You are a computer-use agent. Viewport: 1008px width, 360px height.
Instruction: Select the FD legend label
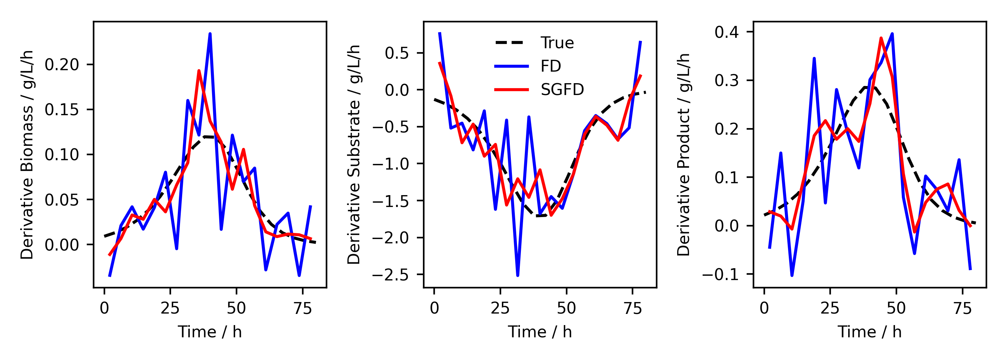550,66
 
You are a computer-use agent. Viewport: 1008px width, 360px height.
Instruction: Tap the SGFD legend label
562,90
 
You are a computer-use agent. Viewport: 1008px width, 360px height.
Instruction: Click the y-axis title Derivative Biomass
27,154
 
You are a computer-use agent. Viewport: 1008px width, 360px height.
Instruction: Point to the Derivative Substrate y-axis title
354,154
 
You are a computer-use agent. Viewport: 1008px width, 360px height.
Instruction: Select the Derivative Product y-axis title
683,154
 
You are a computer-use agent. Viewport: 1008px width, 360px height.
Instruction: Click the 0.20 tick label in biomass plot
62,64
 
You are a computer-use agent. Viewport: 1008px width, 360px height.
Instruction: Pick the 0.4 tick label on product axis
726,32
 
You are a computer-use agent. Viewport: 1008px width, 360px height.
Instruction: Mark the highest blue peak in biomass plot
210,34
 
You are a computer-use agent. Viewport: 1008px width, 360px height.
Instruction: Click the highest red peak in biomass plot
199,71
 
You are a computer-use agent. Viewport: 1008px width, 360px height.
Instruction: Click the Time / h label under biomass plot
210,332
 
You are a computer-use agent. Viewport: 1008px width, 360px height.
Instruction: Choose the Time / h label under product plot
869,332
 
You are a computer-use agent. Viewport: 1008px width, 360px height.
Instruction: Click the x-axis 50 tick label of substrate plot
566,309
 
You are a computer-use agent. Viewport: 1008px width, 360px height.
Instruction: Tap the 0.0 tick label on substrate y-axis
397,90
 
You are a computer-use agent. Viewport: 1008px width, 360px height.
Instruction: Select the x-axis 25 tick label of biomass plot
170,309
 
